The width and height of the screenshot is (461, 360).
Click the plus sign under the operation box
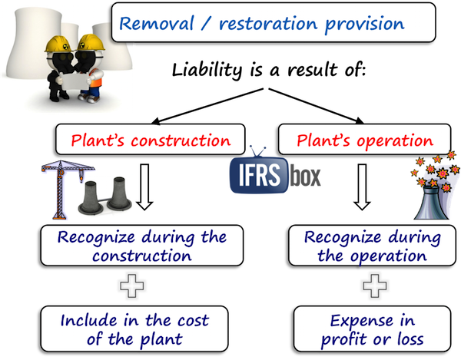371,286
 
